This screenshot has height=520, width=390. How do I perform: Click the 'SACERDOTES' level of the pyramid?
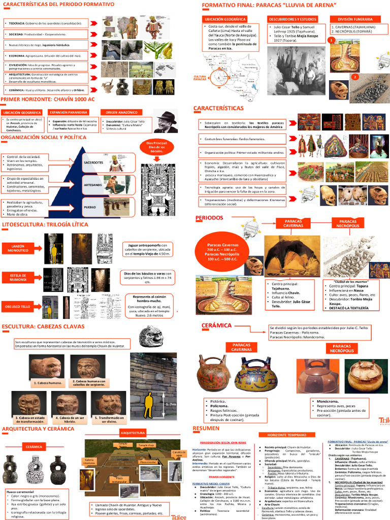93,162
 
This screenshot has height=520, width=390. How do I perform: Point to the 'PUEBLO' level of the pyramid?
90,207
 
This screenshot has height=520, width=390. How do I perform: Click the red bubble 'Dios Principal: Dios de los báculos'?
156,148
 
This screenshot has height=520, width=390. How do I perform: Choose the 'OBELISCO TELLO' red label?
19,307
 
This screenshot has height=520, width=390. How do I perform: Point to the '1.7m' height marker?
171,404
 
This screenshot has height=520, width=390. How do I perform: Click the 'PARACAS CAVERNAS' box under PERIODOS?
293,223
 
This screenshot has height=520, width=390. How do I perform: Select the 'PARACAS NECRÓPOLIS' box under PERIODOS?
348,224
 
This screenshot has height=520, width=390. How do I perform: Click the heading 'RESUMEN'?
206,428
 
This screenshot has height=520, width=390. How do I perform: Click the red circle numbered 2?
355,77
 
